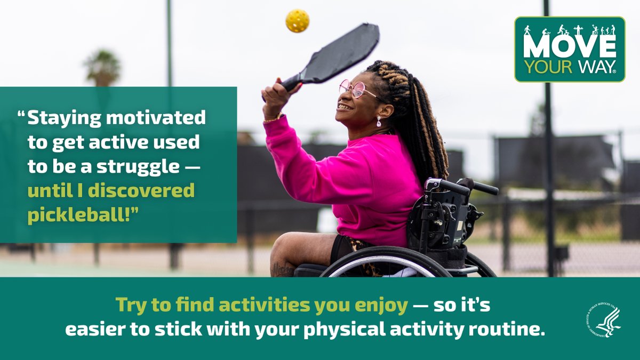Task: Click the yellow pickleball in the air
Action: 297,21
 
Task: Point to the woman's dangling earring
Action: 379,121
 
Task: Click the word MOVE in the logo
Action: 569,47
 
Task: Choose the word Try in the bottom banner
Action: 130,305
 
